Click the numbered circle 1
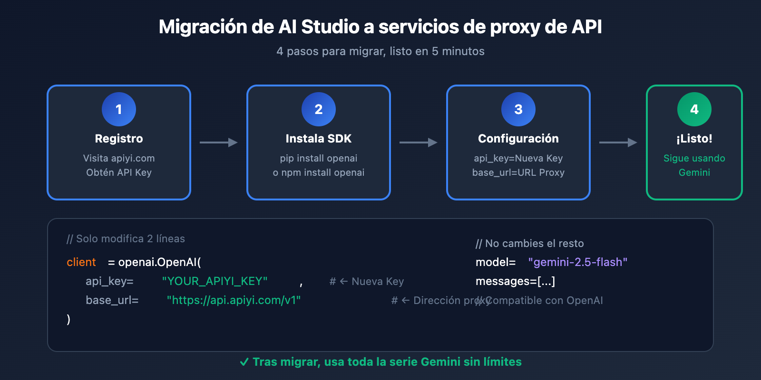(x=119, y=109)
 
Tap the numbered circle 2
(x=319, y=109)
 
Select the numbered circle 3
(x=518, y=109)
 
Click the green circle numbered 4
(x=694, y=109)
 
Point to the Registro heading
(x=119, y=139)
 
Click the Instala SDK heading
(x=319, y=139)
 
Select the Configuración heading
(x=518, y=139)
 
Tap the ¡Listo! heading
(x=694, y=139)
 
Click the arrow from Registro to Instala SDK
(x=219, y=142)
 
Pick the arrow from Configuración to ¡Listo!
(x=618, y=142)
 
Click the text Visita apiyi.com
(x=119, y=158)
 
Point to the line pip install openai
(x=319, y=158)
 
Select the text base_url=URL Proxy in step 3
(x=518, y=172)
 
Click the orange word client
(x=81, y=262)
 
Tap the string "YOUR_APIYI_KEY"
(x=215, y=281)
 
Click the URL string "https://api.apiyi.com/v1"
(x=234, y=300)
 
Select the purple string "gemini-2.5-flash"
(x=578, y=262)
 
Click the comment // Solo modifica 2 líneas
(x=126, y=238)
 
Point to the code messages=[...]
(x=515, y=281)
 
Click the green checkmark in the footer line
(x=244, y=362)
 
